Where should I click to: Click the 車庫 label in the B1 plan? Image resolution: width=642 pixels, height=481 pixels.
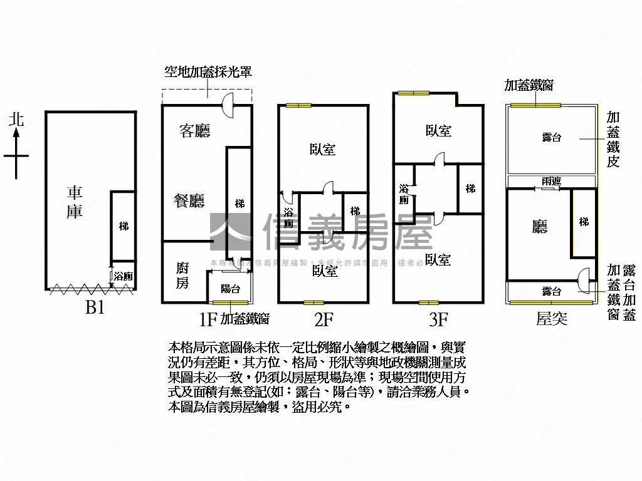[75, 202]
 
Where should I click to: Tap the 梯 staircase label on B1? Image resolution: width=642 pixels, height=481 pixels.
[124, 225]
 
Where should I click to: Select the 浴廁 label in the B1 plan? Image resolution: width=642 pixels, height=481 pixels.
[123, 276]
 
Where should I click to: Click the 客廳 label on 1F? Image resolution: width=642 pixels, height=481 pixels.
[194, 131]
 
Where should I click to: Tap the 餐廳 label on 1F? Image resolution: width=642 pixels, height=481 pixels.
[189, 200]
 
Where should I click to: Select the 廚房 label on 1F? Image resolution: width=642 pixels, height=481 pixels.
[182, 276]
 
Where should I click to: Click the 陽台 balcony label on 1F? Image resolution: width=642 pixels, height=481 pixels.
[231, 289]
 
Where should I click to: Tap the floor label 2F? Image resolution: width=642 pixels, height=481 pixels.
[323, 319]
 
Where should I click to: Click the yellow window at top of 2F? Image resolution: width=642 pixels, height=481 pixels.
[298, 105]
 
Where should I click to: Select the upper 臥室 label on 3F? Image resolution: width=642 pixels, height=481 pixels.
[438, 131]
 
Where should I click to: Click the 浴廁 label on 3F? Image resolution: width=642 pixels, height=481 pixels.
[404, 194]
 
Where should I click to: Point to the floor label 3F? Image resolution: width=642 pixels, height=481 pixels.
[438, 319]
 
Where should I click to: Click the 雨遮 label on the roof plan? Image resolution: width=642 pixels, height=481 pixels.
[551, 181]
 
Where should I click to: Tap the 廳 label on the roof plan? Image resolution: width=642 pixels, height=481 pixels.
[540, 227]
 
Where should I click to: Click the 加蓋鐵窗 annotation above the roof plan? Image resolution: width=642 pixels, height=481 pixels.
[529, 85]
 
